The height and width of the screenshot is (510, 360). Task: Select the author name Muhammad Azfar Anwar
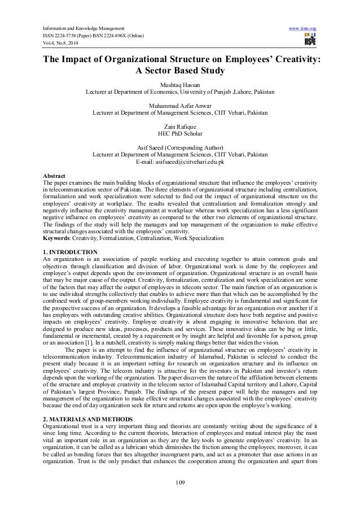pos(179,105)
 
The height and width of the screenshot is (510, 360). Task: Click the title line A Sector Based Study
pos(179,71)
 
